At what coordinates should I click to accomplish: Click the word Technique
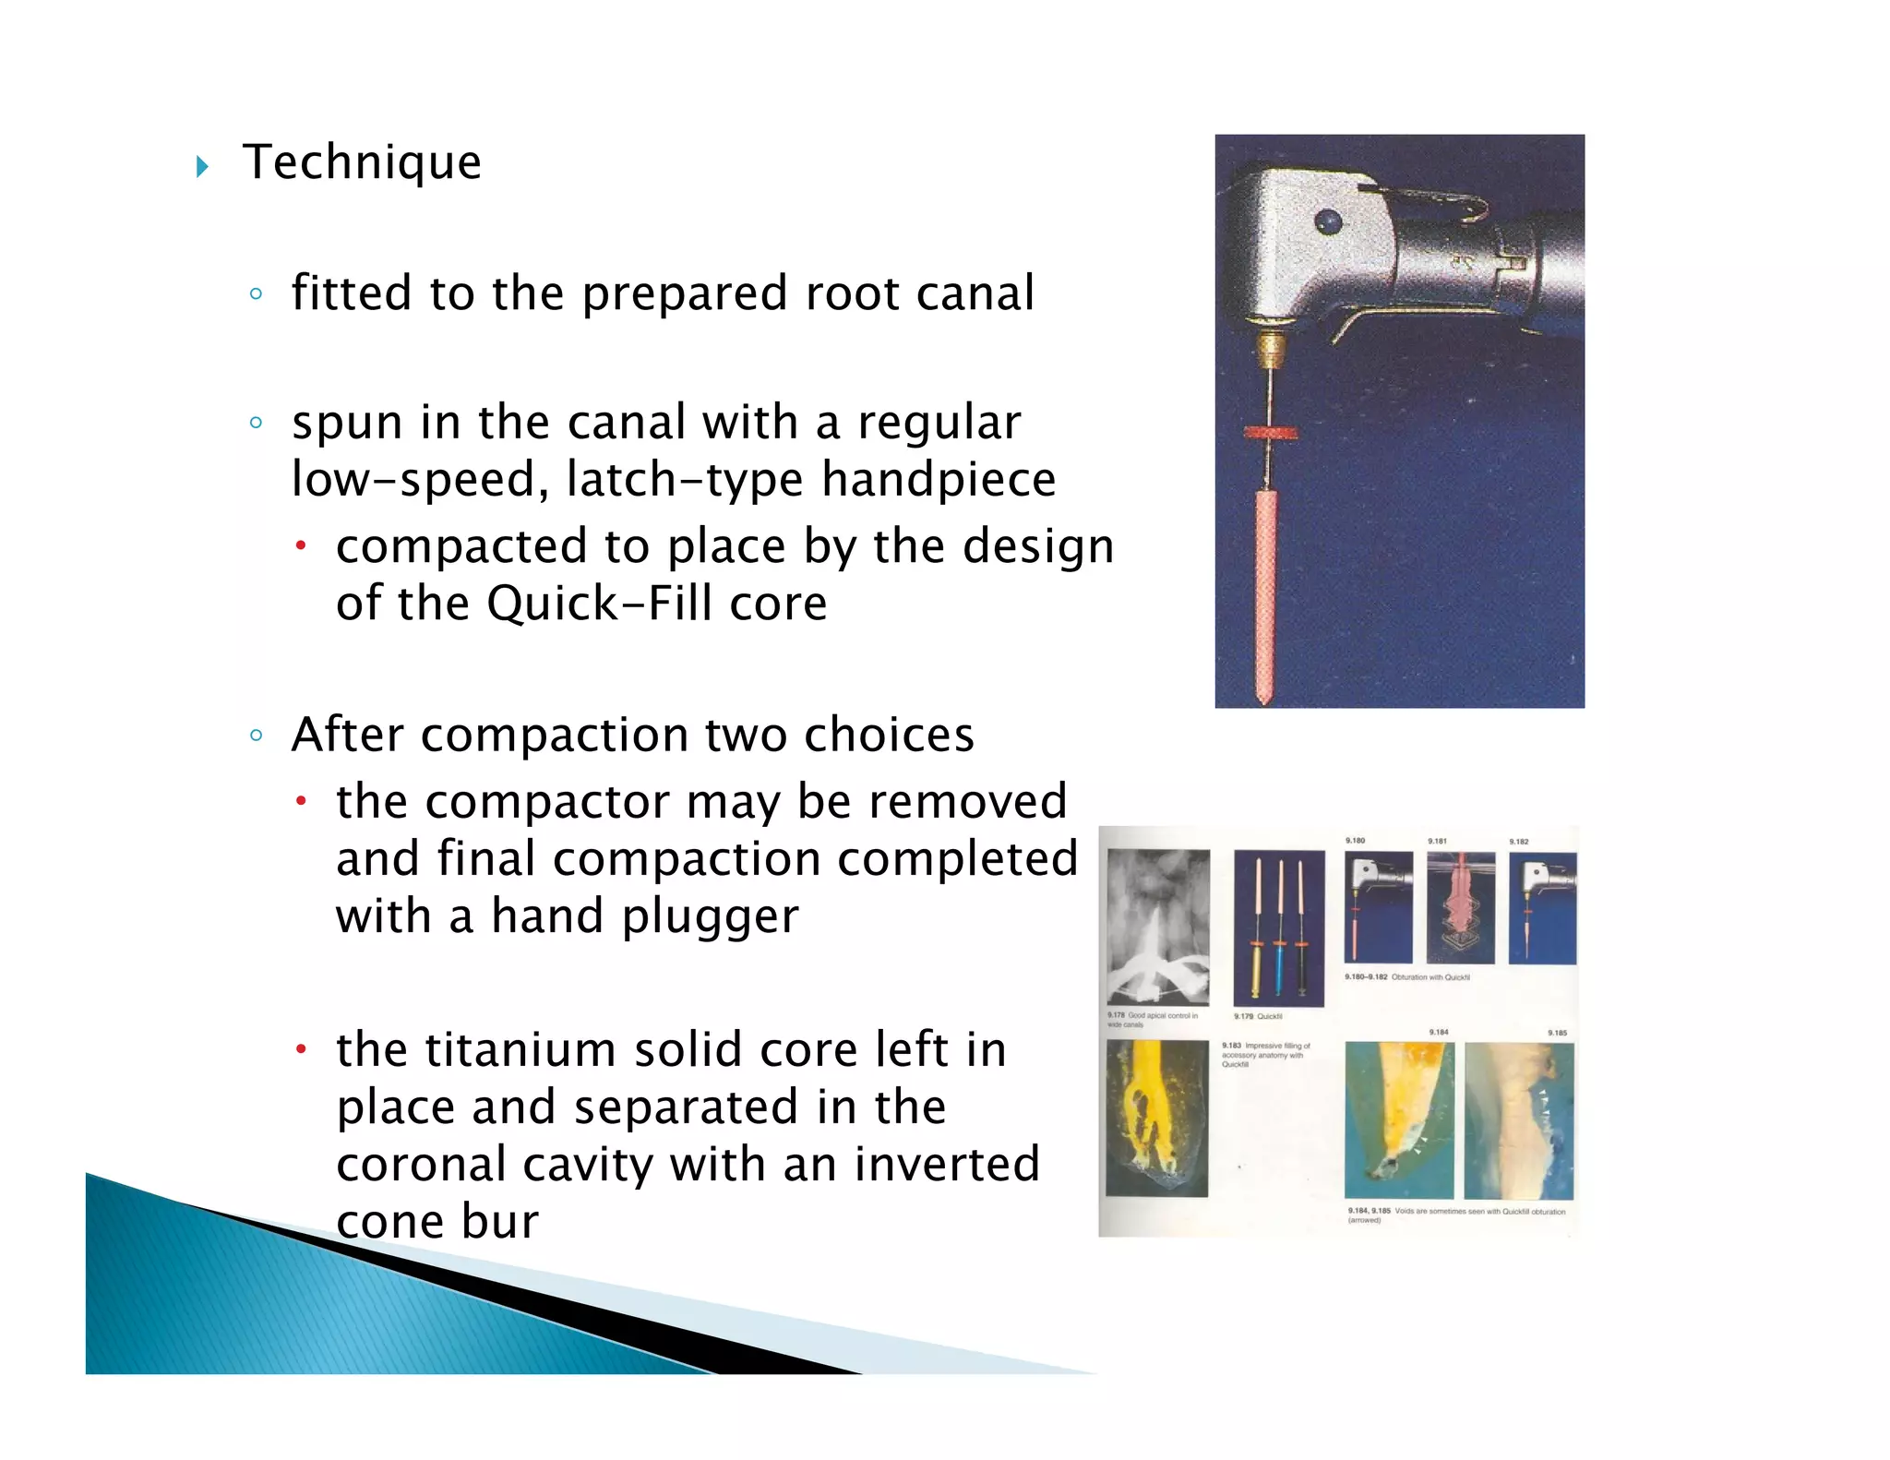[x=362, y=163]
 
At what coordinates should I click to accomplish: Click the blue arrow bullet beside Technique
[x=202, y=167]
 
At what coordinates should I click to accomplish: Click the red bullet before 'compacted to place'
[x=300, y=546]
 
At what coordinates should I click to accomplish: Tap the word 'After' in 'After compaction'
[x=347, y=736]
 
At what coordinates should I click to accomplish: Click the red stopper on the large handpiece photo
[x=1270, y=432]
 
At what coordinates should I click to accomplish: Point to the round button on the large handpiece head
[x=1327, y=221]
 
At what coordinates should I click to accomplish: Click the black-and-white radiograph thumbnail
[x=1157, y=927]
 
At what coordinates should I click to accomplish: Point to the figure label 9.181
[x=1437, y=842]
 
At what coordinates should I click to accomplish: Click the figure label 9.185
[x=1558, y=1033]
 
